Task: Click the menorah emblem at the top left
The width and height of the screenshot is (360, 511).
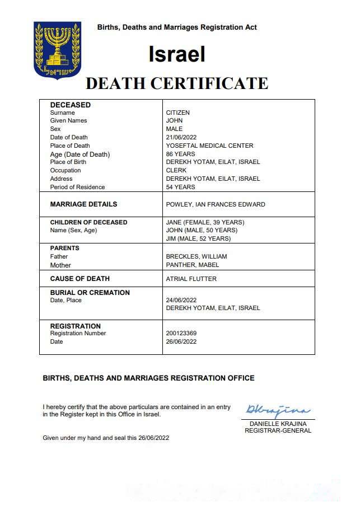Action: click(x=57, y=50)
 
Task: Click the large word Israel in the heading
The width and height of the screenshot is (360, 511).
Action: click(x=176, y=54)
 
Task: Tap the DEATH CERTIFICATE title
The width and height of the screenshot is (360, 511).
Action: click(x=176, y=83)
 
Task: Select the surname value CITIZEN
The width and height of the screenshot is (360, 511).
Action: click(x=178, y=112)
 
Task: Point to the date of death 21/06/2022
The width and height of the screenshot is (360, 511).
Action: click(x=182, y=137)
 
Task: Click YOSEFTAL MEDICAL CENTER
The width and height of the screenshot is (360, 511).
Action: click(x=209, y=146)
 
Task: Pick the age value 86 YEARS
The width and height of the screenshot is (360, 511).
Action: click(x=180, y=154)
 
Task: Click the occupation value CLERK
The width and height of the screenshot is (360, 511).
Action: click(x=176, y=170)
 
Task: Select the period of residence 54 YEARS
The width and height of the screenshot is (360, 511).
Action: click(x=180, y=187)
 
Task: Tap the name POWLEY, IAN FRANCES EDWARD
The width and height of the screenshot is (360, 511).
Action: click(x=216, y=204)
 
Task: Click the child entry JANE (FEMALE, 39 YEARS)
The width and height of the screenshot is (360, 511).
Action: click(x=205, y=222)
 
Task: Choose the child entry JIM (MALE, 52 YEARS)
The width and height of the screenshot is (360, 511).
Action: click(x=198, y=238)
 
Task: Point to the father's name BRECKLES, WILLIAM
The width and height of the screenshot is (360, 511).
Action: click(x=196, y=256)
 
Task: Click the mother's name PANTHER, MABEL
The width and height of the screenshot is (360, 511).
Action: click(x=192, y=265)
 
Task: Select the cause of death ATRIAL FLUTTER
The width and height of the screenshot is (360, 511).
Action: click(x=191, y=279)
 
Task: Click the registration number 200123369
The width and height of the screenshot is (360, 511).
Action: click(x=181, y=333)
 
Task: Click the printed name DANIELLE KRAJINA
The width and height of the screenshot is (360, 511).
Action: click(x=278, y=424)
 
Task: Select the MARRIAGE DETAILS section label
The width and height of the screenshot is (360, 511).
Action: click(x=83, y=204)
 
